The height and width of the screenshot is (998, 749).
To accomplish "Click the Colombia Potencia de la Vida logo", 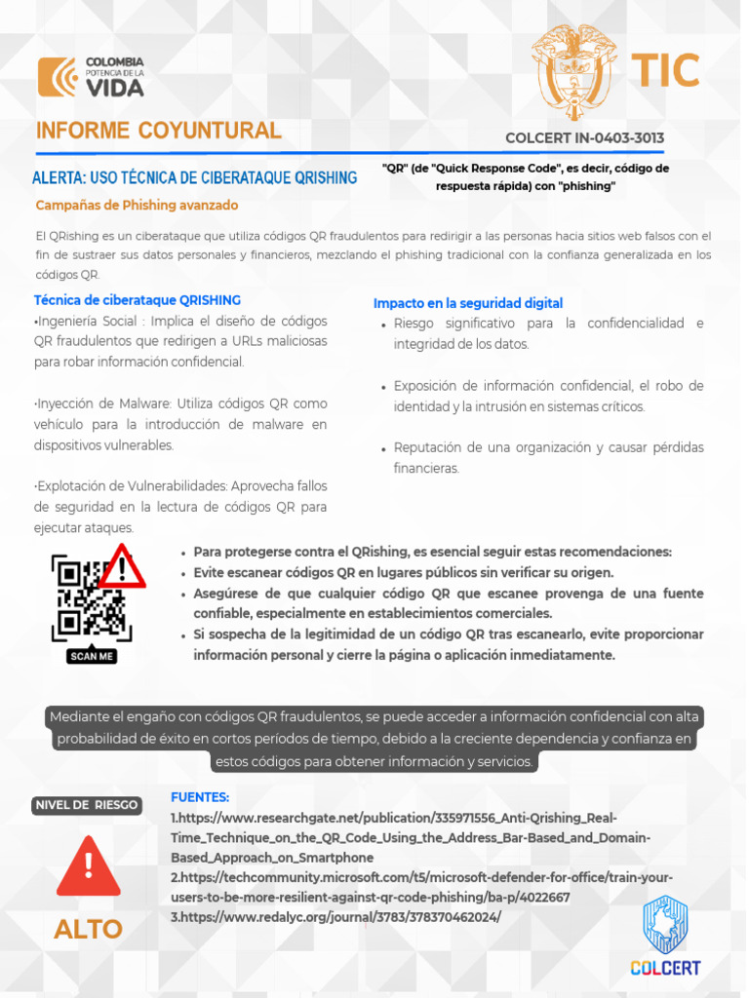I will click(91, 77).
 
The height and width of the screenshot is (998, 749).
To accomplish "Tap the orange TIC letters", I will click(664, 71).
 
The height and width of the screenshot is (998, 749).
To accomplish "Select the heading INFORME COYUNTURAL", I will click(159, 132).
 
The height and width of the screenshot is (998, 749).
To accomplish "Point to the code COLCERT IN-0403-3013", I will click(584, 138).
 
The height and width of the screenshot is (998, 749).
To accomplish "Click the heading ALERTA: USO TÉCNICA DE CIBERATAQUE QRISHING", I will click(195, 177).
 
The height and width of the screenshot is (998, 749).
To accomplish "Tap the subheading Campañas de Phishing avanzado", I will click(137, 206).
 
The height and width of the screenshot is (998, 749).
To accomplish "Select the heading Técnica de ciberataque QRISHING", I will click(138, 300).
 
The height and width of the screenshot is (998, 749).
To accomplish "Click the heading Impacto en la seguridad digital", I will click(468, 303).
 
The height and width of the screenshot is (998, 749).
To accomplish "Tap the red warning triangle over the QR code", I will click(123, 566).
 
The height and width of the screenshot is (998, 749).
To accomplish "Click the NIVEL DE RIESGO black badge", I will click(86, 805).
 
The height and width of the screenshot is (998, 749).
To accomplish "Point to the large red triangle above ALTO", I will click(88, 865).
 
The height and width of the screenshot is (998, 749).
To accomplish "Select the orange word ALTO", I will click(88, 929).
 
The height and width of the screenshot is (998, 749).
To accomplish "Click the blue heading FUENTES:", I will click(200, 796).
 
